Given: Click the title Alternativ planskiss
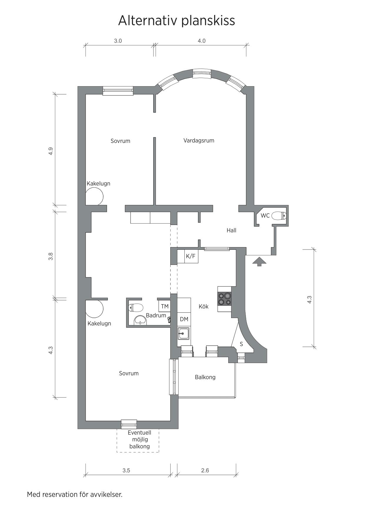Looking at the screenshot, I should click(176, 21).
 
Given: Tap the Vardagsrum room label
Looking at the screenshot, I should click(199, 141).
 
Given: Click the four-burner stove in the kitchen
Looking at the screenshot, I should click(224, 299).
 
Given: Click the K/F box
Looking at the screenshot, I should click(191, 256).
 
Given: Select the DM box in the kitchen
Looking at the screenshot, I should click(184, 319).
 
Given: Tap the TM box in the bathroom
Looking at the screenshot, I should click(165, 306).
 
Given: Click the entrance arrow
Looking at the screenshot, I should click(259, 261).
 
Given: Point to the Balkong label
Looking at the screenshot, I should click(205, 377).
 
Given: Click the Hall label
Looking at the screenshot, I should click(231, 230).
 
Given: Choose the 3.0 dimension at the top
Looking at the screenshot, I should click(118, 41).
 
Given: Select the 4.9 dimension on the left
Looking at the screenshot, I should click(51, 151).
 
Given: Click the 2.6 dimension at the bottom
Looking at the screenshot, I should click(205, 470).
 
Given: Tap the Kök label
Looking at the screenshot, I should click(204, 307).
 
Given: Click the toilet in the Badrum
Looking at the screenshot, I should click(136, 308).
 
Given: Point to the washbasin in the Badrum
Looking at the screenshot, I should click(140, 320).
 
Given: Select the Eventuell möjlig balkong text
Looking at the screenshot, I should click(139, 440).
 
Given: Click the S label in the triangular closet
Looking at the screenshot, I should click(241, 344).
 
